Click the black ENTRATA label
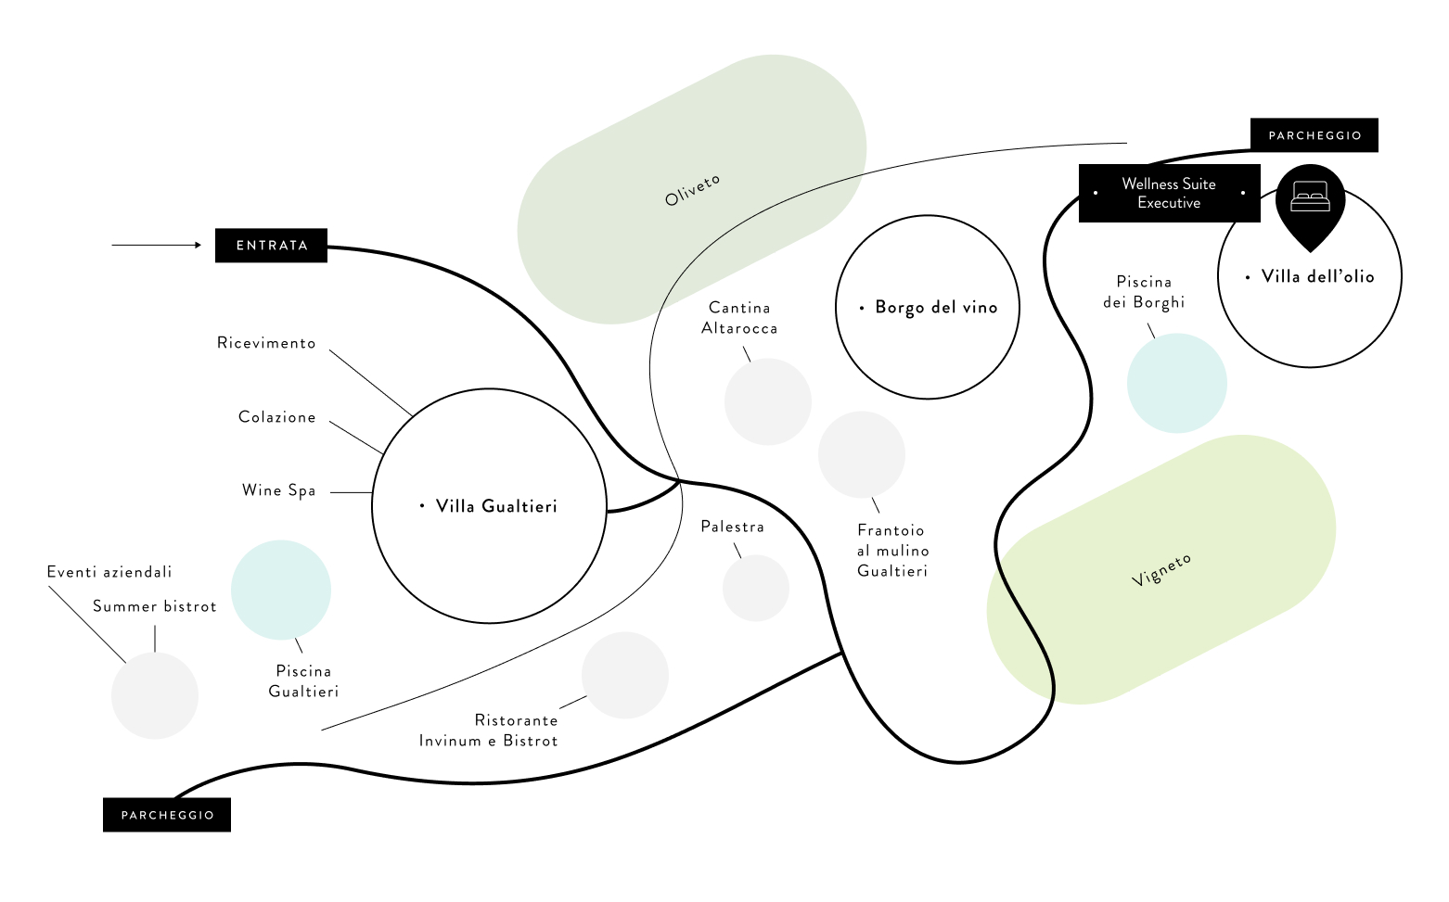point(271,246)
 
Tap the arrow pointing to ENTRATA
point(156,245)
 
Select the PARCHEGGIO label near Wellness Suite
point(1314,135)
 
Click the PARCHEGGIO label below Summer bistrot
point(167,815)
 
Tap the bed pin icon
point(1310,200)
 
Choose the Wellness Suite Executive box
point(1168,193)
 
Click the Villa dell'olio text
point(1317,276)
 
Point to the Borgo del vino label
point(935,308)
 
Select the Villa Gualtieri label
point(496,506)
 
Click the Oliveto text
point(692,190)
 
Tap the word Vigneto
point(1161,569)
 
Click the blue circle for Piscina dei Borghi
point(1176,383)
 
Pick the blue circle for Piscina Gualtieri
point(280,590)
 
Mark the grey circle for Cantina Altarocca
point(767,401)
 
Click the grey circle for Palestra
point(755,588)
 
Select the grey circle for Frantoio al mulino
point(861,454)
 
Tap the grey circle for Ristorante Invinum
point(624,675)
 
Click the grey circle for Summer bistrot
point(154,695)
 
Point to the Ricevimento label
point(266,343)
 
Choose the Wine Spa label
point(278,490)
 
